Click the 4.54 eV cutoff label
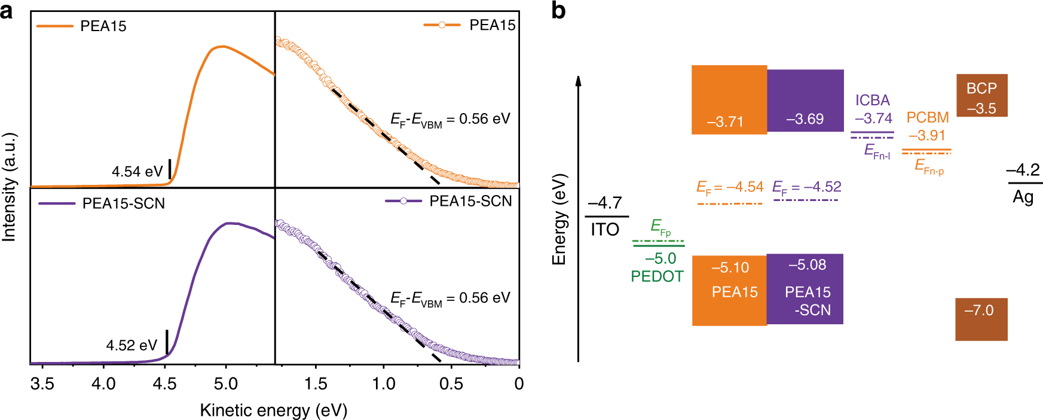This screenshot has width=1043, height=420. tap(137, 172)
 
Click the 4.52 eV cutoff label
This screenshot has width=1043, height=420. tap(131, 346)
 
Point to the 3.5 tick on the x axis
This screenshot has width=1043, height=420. tap(42, 384)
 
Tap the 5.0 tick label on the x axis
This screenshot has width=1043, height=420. tap(226, 384)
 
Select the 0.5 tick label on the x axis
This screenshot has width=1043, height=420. tap(451, 384)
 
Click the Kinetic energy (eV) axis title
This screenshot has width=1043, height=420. tap(273, 410)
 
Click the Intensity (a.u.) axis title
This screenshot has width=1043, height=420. tap(9, 187)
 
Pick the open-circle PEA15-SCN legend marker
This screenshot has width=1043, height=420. tap(403, 201)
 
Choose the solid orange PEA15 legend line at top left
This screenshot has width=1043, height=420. tap(55, 26)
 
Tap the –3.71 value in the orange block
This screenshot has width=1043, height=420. tap(725, 122)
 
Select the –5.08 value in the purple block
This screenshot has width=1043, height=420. tap(807, 264)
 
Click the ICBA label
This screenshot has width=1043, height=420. tap(872, 101)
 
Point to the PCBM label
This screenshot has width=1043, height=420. tap(927, 117)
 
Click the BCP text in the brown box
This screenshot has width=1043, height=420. tap(981, 89)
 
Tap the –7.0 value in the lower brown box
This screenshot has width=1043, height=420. tap(978, 311)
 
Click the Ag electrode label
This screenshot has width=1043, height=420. tap(1023, 197)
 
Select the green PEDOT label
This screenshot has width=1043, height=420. tap(657, 276)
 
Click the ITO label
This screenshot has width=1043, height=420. tap(605, 229)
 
